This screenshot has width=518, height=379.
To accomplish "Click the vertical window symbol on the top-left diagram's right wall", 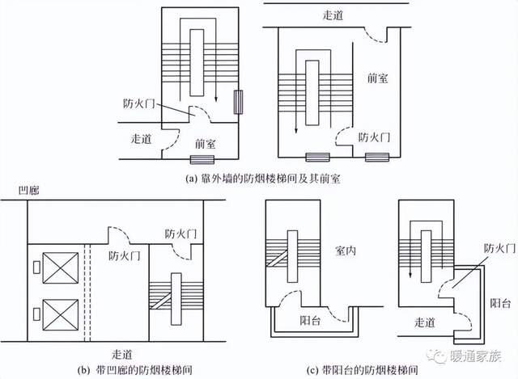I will [x=238, y=103].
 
